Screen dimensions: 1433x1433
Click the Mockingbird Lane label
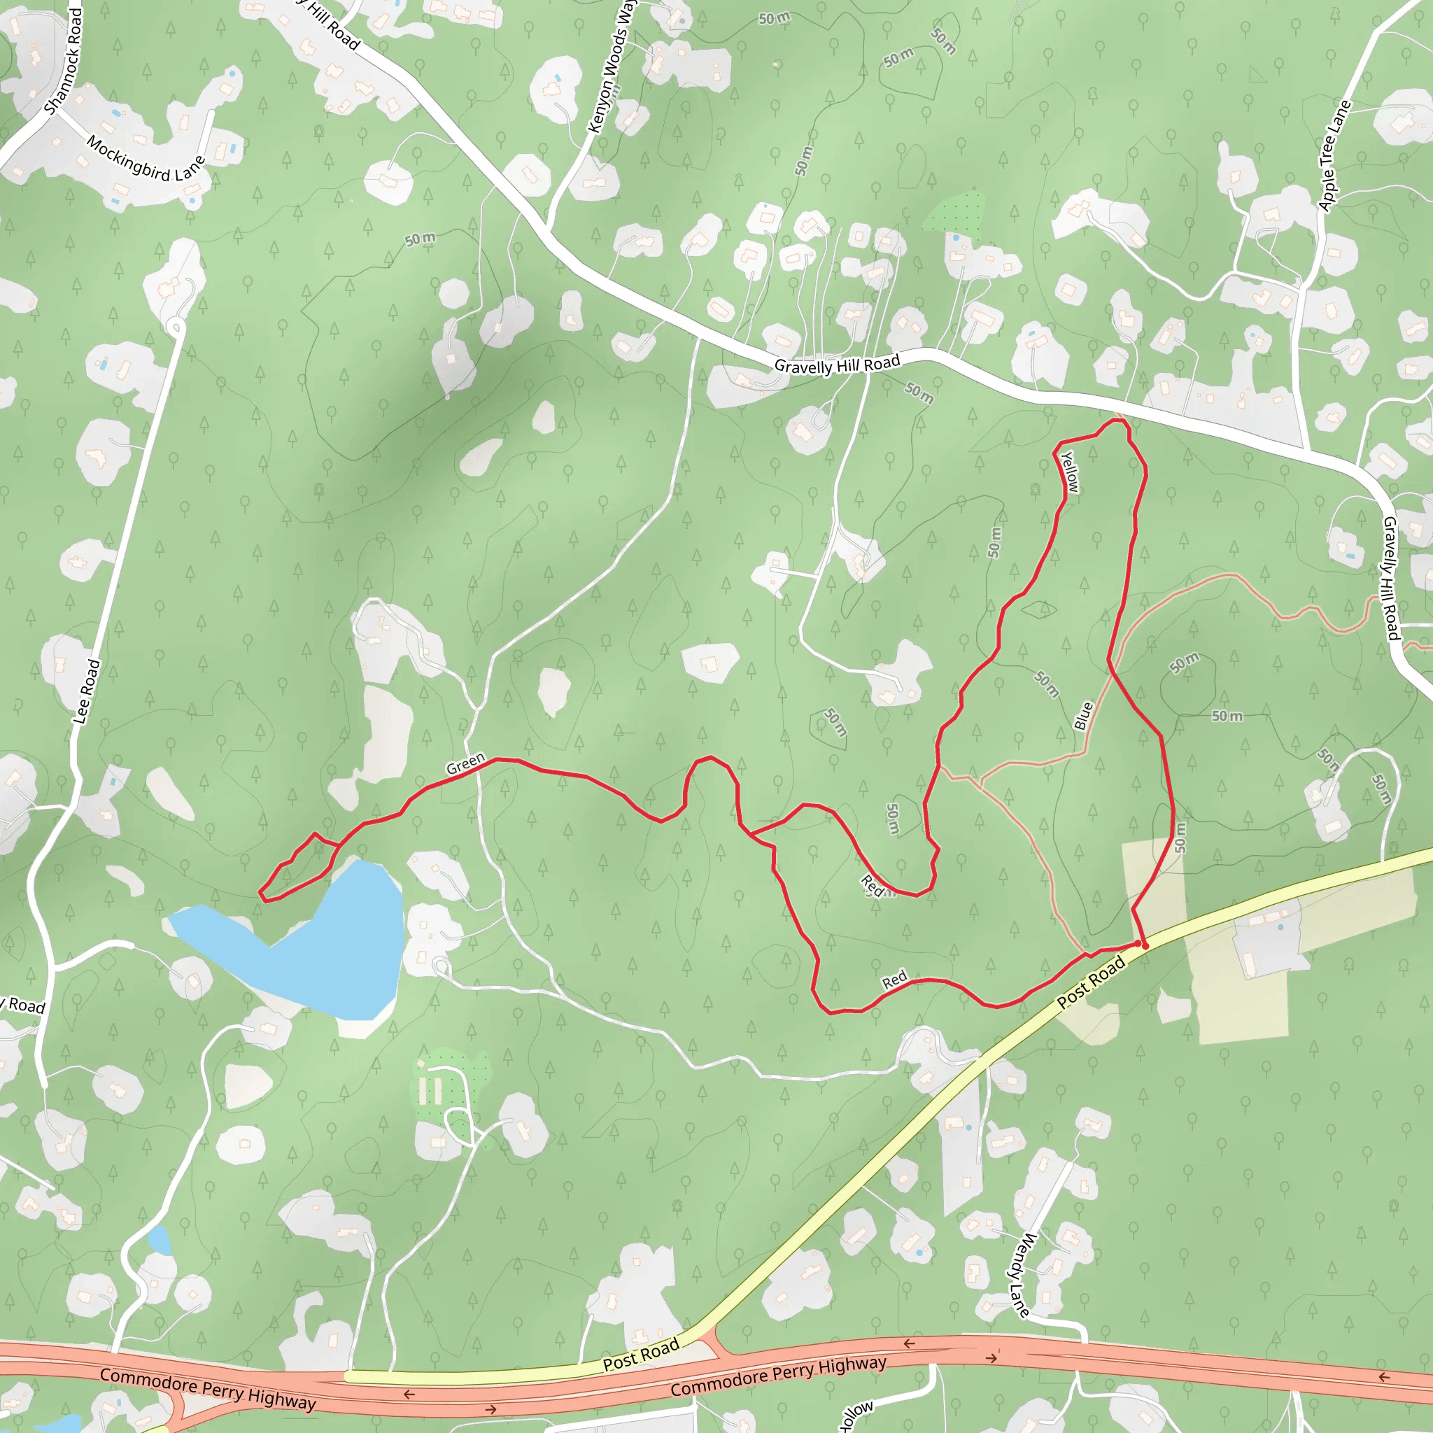[x=145, y=158]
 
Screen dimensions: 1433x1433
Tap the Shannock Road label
[x=63, y=62]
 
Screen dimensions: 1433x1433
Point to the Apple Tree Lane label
[x=1334, y=156]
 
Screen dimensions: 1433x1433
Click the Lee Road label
[x=86, y=691]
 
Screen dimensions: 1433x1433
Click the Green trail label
[x=465, y=764]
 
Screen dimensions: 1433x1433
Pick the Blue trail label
[x=1084, y=716]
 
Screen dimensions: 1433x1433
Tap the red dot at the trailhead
[x=1145, y=946]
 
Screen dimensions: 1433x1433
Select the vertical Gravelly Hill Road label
[x=1390, y=579]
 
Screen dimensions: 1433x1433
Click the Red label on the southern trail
[x=894, y=980]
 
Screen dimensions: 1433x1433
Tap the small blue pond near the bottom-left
[x=159, y=1238]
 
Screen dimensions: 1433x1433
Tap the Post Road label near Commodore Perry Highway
[x=641, y=1354]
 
